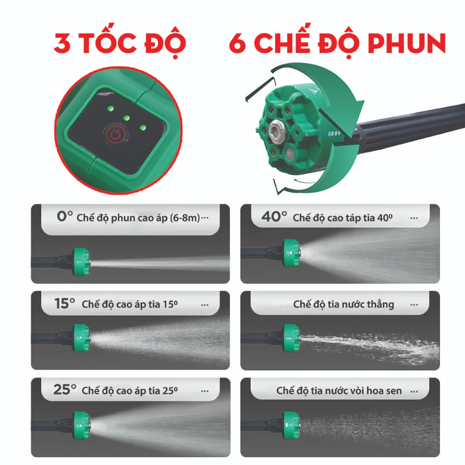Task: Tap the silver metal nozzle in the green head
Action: (x=276, y=130)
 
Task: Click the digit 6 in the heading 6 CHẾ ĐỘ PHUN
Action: (x=237, y=43)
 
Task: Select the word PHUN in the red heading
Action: (x=407, y=43)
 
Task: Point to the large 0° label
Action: (x=64, y=217)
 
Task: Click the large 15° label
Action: (x=64, y=303)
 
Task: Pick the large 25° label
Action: (x=64, y=389)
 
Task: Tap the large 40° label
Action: (x=274, y=217)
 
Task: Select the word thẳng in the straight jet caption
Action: (x=381, y=304)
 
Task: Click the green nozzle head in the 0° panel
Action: (x=81, y=262)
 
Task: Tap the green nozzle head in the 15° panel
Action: (x=81, y=338)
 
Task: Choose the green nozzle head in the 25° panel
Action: (x=81, y=425)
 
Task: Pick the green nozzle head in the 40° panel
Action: (x=291, y=252)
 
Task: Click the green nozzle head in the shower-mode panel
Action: (x=291, y=425)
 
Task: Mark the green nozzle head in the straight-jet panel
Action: (x=291, y=338)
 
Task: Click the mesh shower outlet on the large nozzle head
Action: (x=290, y=154)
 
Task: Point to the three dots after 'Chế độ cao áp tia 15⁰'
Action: (x=205, y=305)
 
